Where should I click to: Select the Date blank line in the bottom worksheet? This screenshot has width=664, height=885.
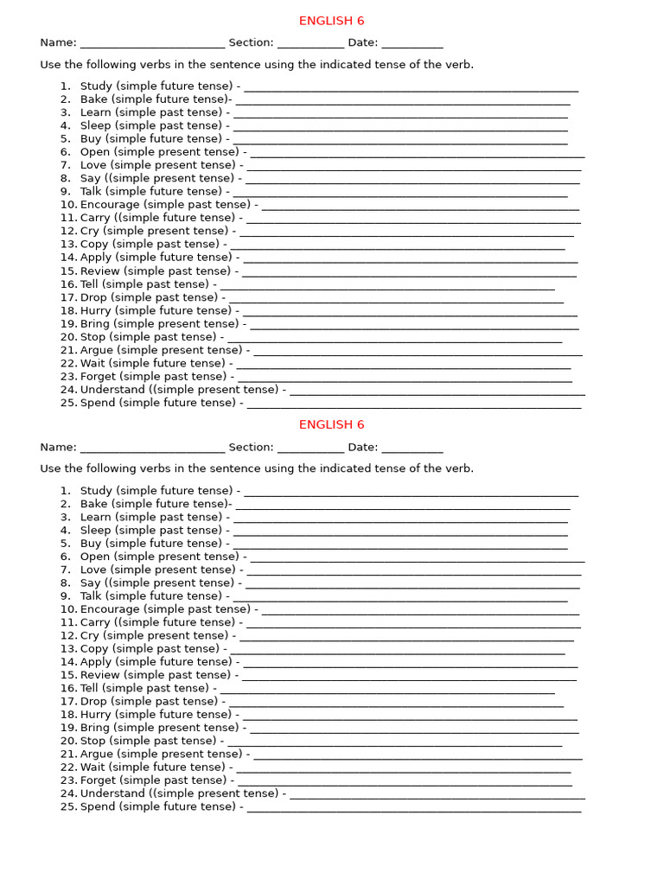(412, 449)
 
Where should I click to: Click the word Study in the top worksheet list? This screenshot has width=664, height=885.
(96, 86)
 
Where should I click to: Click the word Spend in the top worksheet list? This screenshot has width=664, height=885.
(98, 403)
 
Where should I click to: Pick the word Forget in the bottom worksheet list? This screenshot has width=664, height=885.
(99, 780)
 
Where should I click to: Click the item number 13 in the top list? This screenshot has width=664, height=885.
(68, 245)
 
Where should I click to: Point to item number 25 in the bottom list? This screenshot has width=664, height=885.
(68, 807)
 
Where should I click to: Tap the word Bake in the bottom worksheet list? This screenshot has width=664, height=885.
(93, 504)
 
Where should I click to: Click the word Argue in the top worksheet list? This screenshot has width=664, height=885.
(97, 350)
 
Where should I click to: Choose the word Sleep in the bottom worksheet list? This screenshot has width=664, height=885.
(96, 531)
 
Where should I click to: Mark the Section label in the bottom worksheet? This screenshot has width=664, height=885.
(251, 448)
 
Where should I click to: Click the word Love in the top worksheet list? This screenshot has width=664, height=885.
(93, 165)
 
